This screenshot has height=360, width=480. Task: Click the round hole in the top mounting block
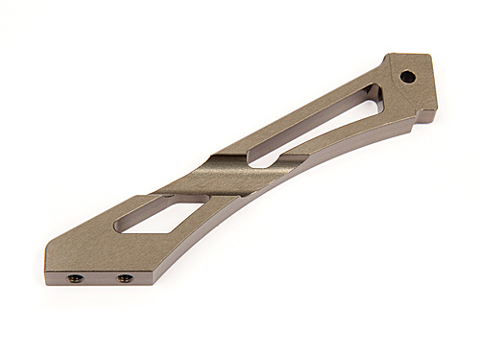(408, 75)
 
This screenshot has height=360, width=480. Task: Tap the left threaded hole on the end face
(73, 278)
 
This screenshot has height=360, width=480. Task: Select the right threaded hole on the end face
(124, 279)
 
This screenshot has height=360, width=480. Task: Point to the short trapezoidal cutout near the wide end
(157, 212)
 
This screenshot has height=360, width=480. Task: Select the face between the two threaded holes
(98, 279)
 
